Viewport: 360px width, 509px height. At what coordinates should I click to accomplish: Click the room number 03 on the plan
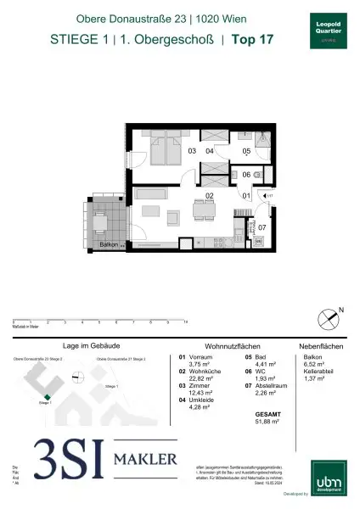point(193,151)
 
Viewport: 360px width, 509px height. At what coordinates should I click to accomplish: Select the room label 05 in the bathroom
point(246,153)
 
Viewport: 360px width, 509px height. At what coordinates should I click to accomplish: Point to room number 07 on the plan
point(262,228)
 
